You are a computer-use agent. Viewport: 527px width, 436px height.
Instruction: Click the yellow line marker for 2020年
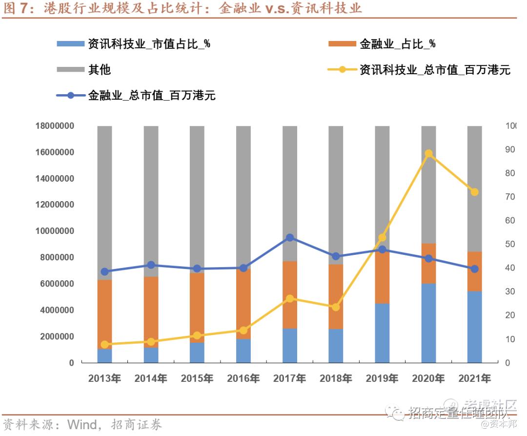tap(428, 154)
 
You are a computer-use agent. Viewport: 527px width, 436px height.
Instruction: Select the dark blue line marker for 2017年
tap(290, 238)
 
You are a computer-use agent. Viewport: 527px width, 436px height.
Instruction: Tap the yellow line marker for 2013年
tap(105, 345)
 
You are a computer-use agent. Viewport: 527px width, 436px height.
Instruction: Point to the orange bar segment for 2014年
tap(151, 311)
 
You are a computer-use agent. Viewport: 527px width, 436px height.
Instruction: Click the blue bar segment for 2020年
tap(428, 323)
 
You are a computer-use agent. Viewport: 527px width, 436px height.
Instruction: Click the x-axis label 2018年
tap(336, 378)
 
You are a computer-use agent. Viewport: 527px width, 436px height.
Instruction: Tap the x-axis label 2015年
tap(197, 378)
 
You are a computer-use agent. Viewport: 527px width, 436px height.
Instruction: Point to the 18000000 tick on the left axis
tap(55, 126)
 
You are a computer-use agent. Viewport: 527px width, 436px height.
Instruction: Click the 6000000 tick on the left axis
tap(57, 284)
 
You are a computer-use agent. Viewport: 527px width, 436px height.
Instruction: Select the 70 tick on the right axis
tap(510, 197)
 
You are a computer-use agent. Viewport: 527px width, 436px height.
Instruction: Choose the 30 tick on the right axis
tap(510, 291)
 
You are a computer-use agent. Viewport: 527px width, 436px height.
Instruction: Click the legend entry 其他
tap(99, 70)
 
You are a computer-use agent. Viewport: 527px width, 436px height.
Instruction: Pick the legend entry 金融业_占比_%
tap(397, 44)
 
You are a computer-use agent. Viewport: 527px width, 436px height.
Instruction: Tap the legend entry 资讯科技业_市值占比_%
tap(149, 44)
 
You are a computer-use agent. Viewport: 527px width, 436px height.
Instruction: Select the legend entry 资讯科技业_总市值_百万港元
tap(434, 70)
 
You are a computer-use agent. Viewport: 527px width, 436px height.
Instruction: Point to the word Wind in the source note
tap(81, 424)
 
